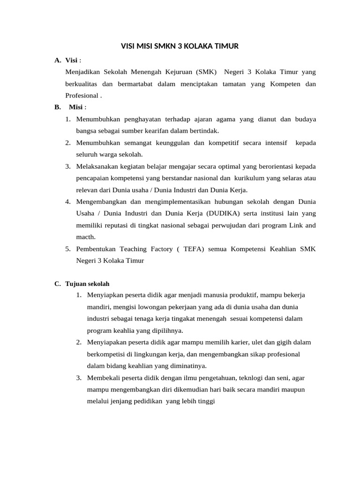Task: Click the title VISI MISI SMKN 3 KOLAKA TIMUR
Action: (180, 46)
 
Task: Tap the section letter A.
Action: (58, 60)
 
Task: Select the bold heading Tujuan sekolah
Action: (88, 284)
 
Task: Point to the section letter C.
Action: (58, 284)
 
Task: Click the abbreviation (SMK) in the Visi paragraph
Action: (207, 72)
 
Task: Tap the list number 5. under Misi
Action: (68, 248)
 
